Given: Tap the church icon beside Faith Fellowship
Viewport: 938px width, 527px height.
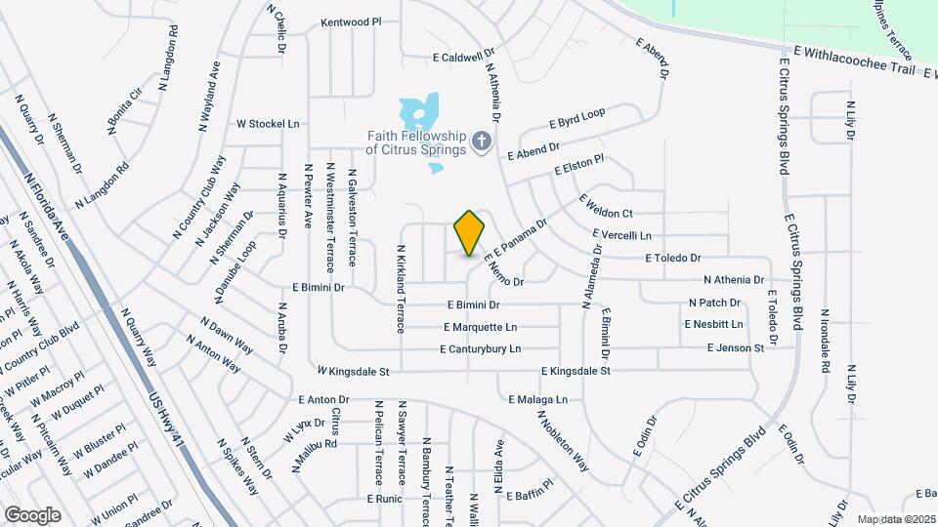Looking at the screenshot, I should point(480,142).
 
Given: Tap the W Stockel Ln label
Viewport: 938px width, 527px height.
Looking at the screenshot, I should point(268,124).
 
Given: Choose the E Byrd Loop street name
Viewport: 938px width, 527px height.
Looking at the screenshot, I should point(577,118).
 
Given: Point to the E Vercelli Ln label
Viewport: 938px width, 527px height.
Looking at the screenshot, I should point(621,235).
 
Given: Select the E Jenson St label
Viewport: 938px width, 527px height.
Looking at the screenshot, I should point(736,347).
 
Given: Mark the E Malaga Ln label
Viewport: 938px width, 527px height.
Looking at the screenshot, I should point(537,399).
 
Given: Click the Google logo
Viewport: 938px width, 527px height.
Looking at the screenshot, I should point(32,514).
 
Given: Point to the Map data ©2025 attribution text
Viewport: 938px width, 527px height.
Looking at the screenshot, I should point(895,519).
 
